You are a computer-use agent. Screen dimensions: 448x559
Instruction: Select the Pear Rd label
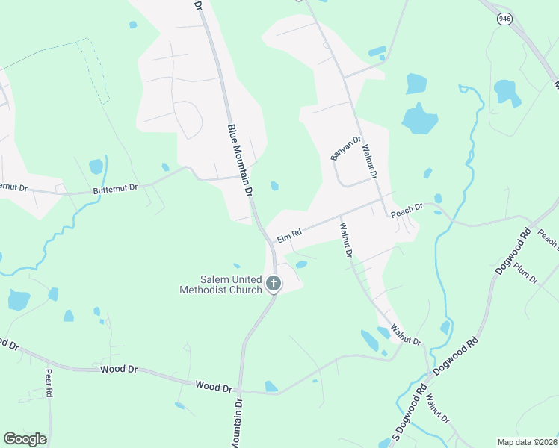point(48,382)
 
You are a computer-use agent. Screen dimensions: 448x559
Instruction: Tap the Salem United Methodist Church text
point(220,284)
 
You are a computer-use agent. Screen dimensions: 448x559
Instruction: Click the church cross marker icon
point(274,283)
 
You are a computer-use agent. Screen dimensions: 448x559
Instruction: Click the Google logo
point(25,438)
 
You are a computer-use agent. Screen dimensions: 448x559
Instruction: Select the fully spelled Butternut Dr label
point(116,190)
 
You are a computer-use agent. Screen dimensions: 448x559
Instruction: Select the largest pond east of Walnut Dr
point(419,118)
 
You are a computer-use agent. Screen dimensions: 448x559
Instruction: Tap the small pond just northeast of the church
point(301,264)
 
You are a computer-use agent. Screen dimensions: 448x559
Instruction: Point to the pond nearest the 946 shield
point(507,92)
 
